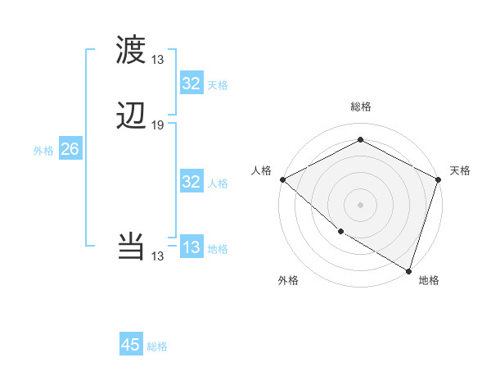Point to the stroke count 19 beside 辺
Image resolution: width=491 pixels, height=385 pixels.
[x=158, y=125]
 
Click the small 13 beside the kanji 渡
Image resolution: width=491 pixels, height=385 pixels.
[x=158, y=60]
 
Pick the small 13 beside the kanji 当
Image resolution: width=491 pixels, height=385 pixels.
[x=158, y=256]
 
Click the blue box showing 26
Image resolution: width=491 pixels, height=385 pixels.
[x=70, y=149]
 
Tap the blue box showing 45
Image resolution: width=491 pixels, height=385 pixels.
[x=131, y=345]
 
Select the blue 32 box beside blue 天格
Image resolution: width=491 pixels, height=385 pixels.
[x=191, y=84]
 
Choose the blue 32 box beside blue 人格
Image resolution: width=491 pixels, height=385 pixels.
[x=191, y=182]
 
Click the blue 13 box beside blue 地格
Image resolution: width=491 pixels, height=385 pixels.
[x=191, y=247]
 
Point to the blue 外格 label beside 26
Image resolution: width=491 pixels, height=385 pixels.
[x=43, y=151]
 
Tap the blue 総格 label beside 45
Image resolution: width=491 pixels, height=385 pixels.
[x=157, y=346]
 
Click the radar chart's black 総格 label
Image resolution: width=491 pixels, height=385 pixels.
[x=361, y=106]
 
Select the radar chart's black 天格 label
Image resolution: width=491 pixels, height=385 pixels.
[x=460, y=170]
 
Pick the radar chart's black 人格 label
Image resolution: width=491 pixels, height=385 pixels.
[x=261, y=170]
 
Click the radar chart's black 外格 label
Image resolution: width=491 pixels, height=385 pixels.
[x=288, y=280]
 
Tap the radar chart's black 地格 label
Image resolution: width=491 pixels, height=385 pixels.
[x=429, y=280]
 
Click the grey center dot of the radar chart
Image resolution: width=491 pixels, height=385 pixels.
[x=361, y=204]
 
